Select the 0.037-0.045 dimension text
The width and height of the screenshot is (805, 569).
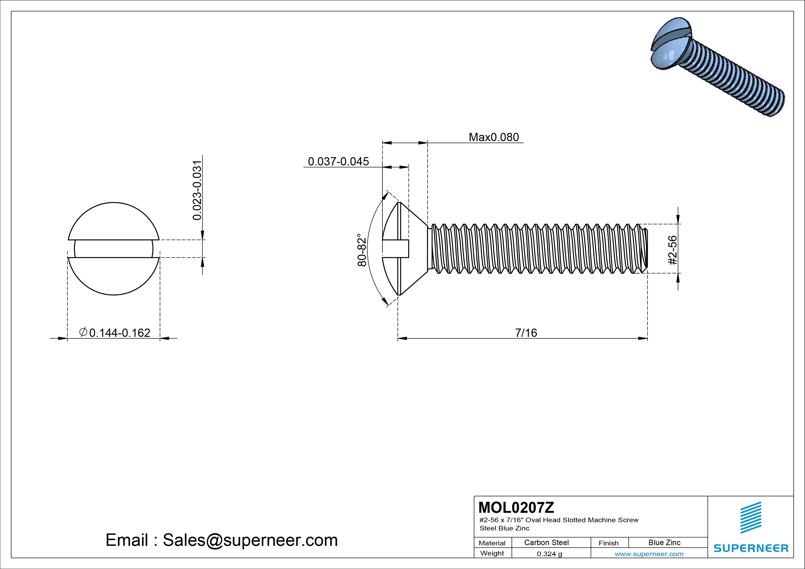pyautogui.click(x=338, y=162)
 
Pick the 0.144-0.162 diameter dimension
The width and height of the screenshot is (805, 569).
pyautogui.click(x=120, y=333)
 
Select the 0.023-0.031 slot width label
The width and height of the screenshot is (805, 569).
pyautogui.click(x=197, y=190)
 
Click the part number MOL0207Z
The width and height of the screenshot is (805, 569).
pyautogui.click(x=516, y=507)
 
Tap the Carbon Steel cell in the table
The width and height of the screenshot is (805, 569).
pyautogui.click(x=546, y=543)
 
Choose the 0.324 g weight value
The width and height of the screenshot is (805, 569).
pyautogui.click(x=549, y=554)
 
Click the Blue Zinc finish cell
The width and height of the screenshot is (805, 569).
pyautogui.click(x=664, y=543)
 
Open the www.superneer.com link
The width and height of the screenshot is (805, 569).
pyautogui.click(x=649, y=554)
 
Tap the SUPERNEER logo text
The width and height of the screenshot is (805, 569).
pyautogui.click(x=751, y=548)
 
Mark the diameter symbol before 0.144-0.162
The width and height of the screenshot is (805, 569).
pyautogui.click(x=83, y=332)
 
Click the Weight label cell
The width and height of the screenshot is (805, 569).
pyautogui.click(x=492, y=553)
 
